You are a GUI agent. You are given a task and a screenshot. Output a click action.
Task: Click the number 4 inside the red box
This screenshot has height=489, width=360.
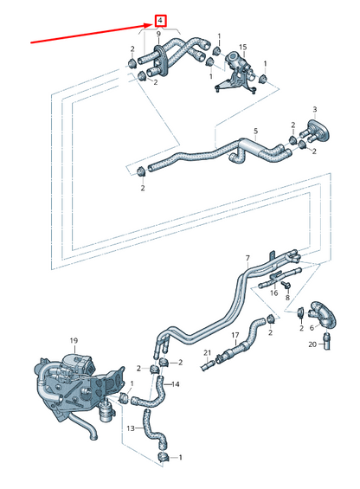click(x=161, y=19)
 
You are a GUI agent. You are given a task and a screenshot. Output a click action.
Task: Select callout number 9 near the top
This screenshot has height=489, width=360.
click(x=158, y=33)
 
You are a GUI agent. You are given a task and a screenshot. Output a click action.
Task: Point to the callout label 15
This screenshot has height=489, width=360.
click(x=243, y=47)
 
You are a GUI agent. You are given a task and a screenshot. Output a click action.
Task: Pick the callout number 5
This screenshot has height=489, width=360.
click(x=255, y=132)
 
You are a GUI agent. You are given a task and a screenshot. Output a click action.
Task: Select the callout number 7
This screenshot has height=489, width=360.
click(x=247, y=258)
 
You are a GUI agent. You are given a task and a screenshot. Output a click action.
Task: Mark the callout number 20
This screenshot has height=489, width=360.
click(x=313, y=344)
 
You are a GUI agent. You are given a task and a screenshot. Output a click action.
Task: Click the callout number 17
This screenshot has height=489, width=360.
click(x=234, y=336)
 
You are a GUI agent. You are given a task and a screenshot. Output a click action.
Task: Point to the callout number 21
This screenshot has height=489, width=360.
click(x=207, y=352)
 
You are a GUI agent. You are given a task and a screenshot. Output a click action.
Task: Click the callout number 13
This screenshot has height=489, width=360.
click(x=130, y=428)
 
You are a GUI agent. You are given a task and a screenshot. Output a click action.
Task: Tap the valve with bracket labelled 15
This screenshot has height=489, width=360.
click(x=233, y=69)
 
